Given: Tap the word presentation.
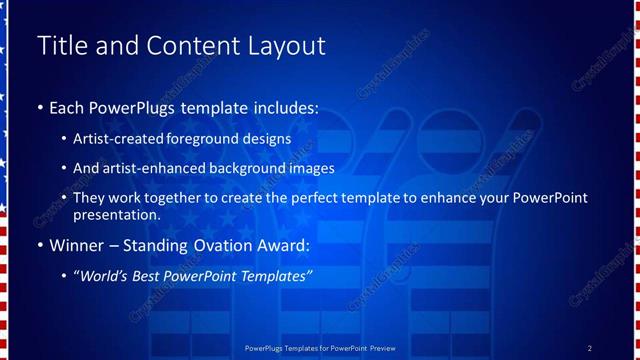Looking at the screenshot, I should tap(116, 214).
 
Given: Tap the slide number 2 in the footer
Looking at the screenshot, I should tap(590, 348).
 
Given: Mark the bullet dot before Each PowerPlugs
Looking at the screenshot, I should tap(40, 107).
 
